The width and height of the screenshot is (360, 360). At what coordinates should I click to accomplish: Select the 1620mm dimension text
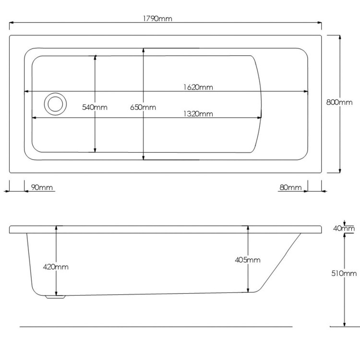198,87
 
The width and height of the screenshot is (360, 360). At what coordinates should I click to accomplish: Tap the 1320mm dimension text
198,114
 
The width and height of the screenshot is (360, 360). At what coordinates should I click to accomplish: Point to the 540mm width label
95,107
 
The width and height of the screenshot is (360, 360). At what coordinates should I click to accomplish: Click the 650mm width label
143,107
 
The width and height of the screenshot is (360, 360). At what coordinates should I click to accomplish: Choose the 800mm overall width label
339,102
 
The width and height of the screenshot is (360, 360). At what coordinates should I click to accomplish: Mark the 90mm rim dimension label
42,187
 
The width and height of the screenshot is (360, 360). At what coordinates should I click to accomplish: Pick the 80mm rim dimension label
290,187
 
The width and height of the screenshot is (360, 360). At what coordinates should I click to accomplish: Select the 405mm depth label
248,260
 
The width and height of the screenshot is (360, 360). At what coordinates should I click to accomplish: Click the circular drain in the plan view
54,104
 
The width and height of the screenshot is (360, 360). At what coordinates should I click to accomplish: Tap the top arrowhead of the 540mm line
95,58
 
